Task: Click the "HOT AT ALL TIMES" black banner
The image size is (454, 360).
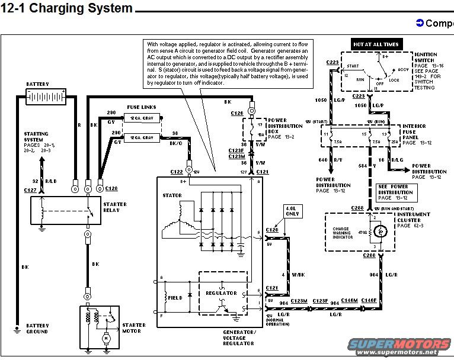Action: coord(376,44)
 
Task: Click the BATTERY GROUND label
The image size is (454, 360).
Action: coord(37,329)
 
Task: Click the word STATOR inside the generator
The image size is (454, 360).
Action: coord(172,195)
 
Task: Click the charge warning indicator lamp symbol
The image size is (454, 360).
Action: coord(383,230)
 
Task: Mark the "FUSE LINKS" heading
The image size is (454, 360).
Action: coord(142,107)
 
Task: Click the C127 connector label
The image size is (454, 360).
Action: coord(31,189)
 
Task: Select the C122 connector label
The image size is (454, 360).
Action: coord(177,171)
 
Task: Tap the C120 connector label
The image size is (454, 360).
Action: coord(272,229)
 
